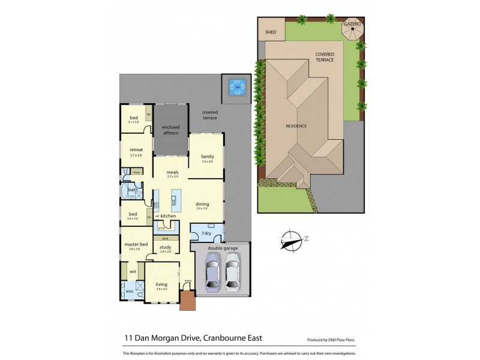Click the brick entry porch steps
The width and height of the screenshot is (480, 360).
187,301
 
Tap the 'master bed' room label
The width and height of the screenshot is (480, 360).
136,244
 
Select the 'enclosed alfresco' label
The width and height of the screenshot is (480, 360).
171,130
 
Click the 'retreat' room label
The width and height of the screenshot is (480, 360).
135,150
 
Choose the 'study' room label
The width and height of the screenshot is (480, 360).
166,247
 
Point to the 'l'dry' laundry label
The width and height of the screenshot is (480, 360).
206,233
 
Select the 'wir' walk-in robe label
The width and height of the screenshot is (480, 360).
133,272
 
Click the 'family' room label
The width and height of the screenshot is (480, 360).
208,157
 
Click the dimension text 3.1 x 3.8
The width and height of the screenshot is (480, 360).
133,122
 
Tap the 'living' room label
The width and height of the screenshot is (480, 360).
161,284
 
